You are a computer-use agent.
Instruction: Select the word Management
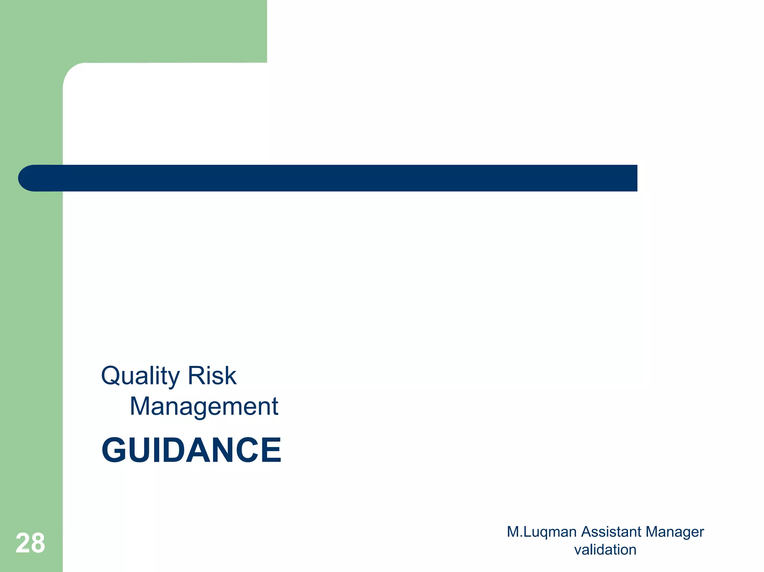pos(204,406)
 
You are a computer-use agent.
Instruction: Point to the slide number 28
pos(30,543)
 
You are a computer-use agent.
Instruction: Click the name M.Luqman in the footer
pos(542,532)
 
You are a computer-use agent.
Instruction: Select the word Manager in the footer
pos(675,532)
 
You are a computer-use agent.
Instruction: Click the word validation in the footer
pos(605,550)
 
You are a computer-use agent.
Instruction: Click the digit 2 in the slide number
pos(23,543)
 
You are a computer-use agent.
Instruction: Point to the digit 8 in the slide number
pos(38,543)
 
